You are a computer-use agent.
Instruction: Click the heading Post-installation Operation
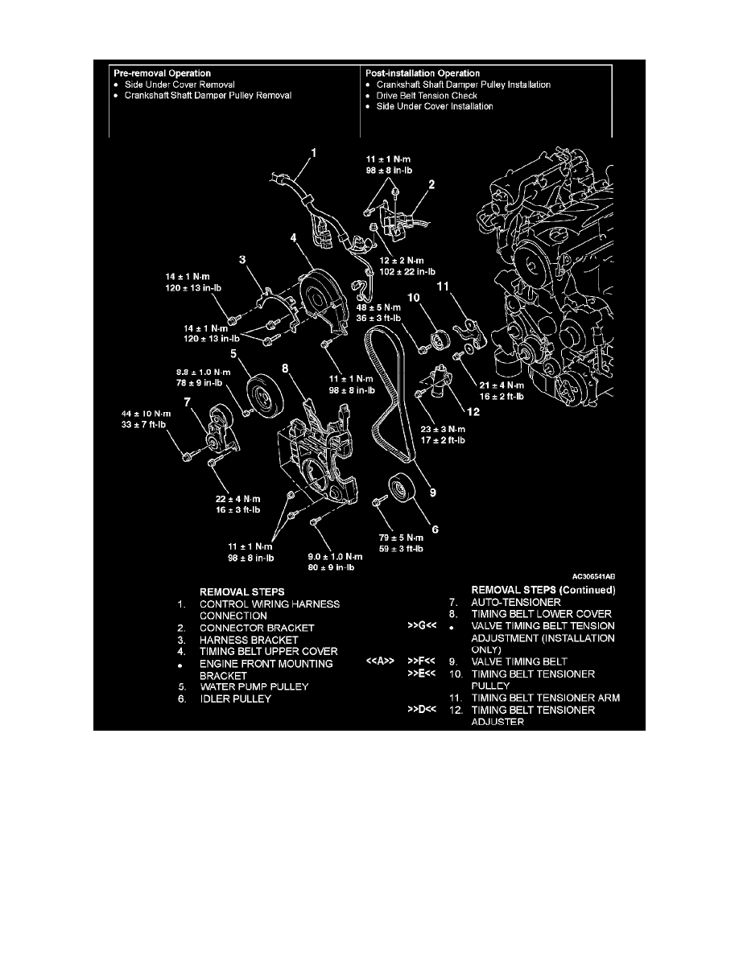pos(423,73)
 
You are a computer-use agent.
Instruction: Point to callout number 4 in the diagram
pos(294,238)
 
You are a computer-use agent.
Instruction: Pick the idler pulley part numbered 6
pos(400,491)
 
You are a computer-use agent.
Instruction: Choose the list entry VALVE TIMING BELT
pos(519,661)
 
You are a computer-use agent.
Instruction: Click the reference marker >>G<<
pos(421,625)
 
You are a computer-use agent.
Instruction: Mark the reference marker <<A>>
pos(378,662)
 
